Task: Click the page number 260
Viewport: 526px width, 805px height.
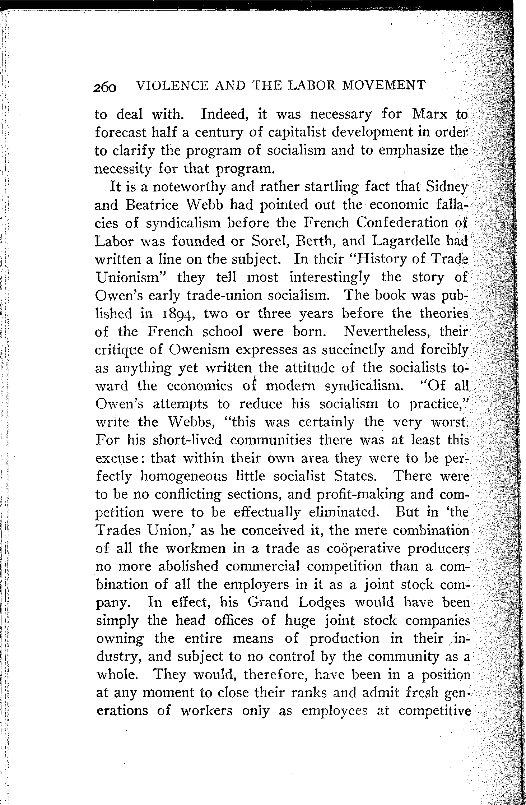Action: (105, 87)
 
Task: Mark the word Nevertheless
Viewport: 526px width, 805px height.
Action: (388, 331)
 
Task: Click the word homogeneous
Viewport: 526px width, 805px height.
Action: (185, 476)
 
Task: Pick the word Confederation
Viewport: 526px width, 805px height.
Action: (399, 223)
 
